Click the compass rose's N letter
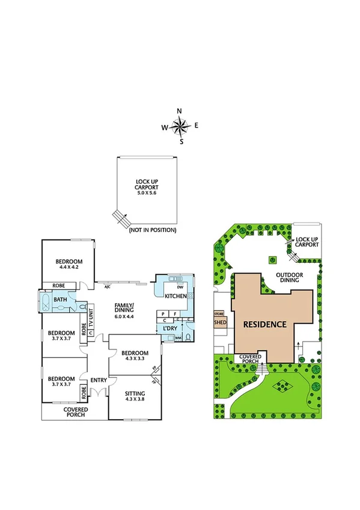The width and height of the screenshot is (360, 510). pos(179,111)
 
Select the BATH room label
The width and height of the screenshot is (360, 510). pos(60,299)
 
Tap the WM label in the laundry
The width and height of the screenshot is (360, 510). pos(178,338)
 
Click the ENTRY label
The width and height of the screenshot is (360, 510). pos(98,380)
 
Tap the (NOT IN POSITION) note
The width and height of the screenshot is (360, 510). pos(152,230)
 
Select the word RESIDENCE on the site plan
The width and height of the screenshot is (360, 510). pos(264,324)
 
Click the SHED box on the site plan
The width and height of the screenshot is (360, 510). pos(220,322)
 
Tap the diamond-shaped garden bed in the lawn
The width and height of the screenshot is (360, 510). pos(279,386)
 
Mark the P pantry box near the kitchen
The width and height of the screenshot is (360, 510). pos(163,313)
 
